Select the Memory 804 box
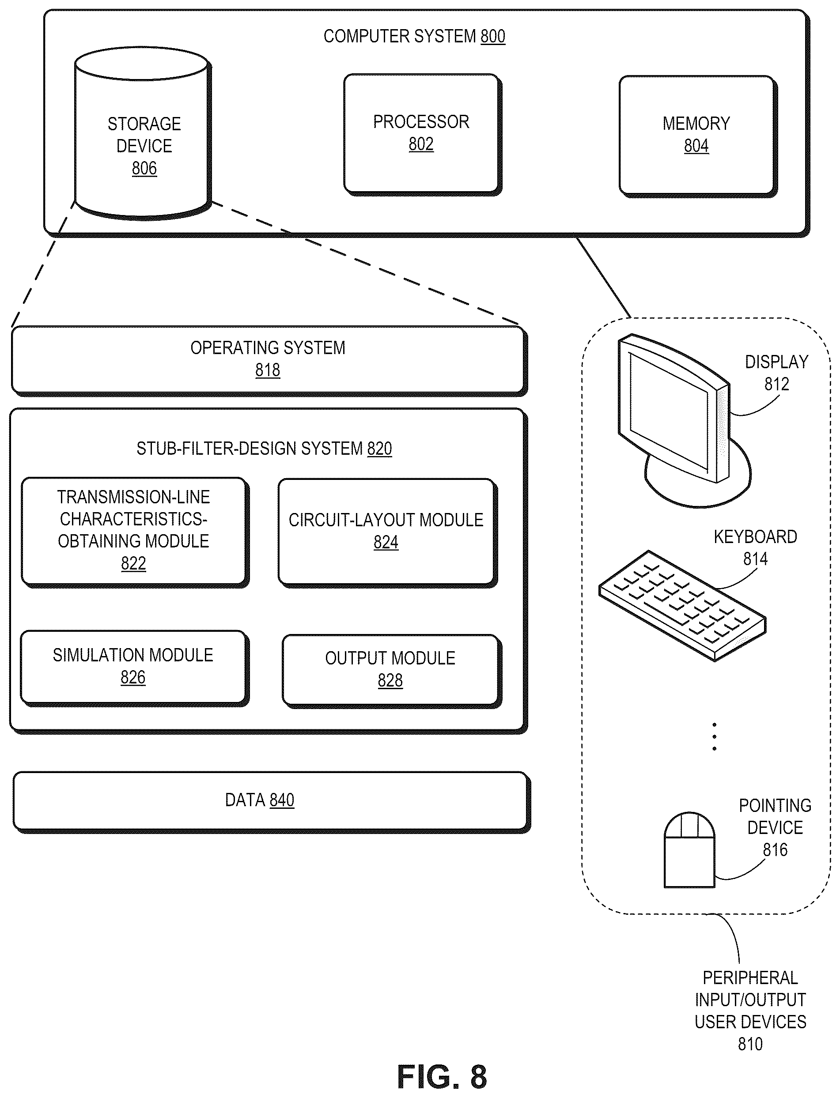pyautogui.click(x=698, y=136)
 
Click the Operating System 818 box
pyautogui.click(x=269, y=361)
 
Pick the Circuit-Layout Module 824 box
pyautogui.click(x=387, y=533)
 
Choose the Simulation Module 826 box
pyautogui.click(x=135, y=668)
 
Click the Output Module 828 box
pyautogui.click(x=392, y=671)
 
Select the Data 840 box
pyautogui.click(x=272, y=802)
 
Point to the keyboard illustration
pyautogui.click(x=682, y=605)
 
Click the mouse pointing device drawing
pyautogui.click(x=689, y=849)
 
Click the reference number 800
pyautogui.click(x=493, y=37)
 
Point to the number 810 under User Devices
pyautogui.click(x=750, y=1045)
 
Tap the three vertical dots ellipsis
pyautogui.click(x=714, y=736)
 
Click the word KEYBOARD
pyautogui.click(x=755, y=537)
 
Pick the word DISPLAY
pyautogui.click(x=776, y=362)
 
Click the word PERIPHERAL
pyautogui.click(x=750, y=978)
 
